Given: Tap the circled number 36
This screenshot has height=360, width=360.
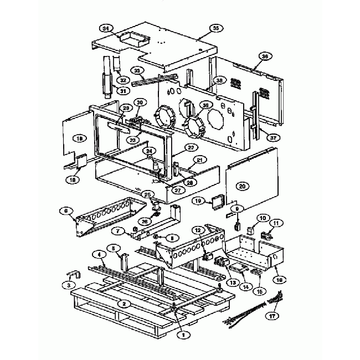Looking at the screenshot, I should (264, 56).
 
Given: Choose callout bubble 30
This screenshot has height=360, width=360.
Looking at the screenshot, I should (140, 102).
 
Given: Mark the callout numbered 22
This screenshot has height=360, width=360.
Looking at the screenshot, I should (191, 147).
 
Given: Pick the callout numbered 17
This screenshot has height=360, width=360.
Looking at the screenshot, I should (271, 317).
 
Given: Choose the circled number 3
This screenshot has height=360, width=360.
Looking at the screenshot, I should (69, 285).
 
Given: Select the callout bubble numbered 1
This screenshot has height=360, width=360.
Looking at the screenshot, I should (181, 334).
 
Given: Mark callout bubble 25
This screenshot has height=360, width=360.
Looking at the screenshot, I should (148, 194).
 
